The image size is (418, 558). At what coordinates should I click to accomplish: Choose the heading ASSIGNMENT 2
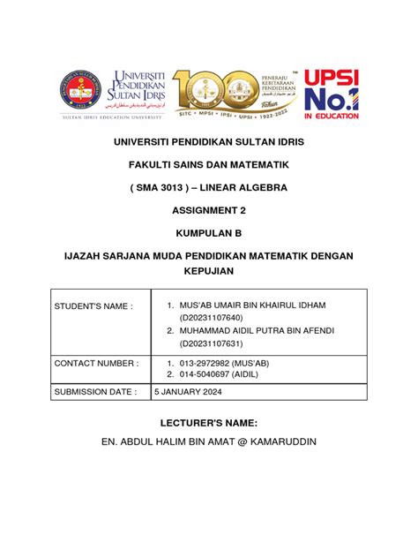point(209,211)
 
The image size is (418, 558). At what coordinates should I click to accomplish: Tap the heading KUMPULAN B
point(209,234)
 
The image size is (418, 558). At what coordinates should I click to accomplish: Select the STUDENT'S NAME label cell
point(93,305)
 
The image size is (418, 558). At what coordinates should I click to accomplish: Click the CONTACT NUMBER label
point(96,363)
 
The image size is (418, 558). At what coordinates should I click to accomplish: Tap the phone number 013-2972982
point(206,363)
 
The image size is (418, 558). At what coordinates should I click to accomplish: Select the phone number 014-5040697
point(206,375)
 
